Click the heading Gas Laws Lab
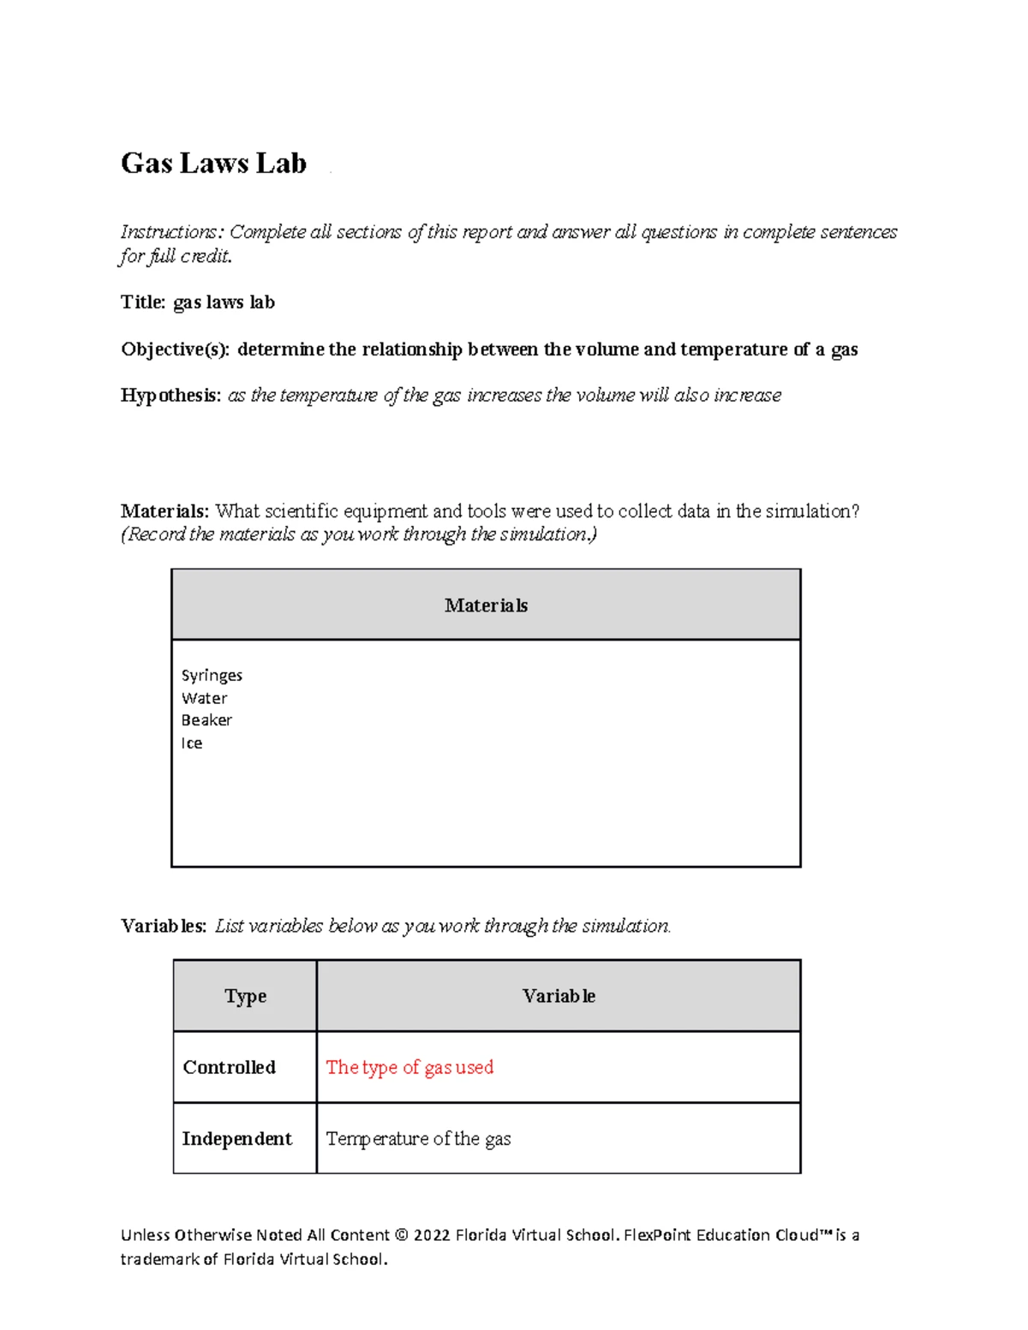[213, 163]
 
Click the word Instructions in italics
[171, 232]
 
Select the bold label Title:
[143, 302]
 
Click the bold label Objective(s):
[175, 349]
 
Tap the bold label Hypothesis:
[170, 395]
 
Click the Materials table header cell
[486, 605]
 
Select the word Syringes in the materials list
[212, 676]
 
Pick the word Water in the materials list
[204, 698]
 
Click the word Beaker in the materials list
[206, 720]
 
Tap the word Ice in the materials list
[192, 743]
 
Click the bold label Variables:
[163, 926]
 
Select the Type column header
[245, 996]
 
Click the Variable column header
[559, 996]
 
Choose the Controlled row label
[229, 1067]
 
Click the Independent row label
[236, 1139]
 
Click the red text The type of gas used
[409, 1067]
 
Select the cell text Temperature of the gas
[418, 1139]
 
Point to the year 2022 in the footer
[431, 1235]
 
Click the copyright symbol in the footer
[401, 1235]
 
